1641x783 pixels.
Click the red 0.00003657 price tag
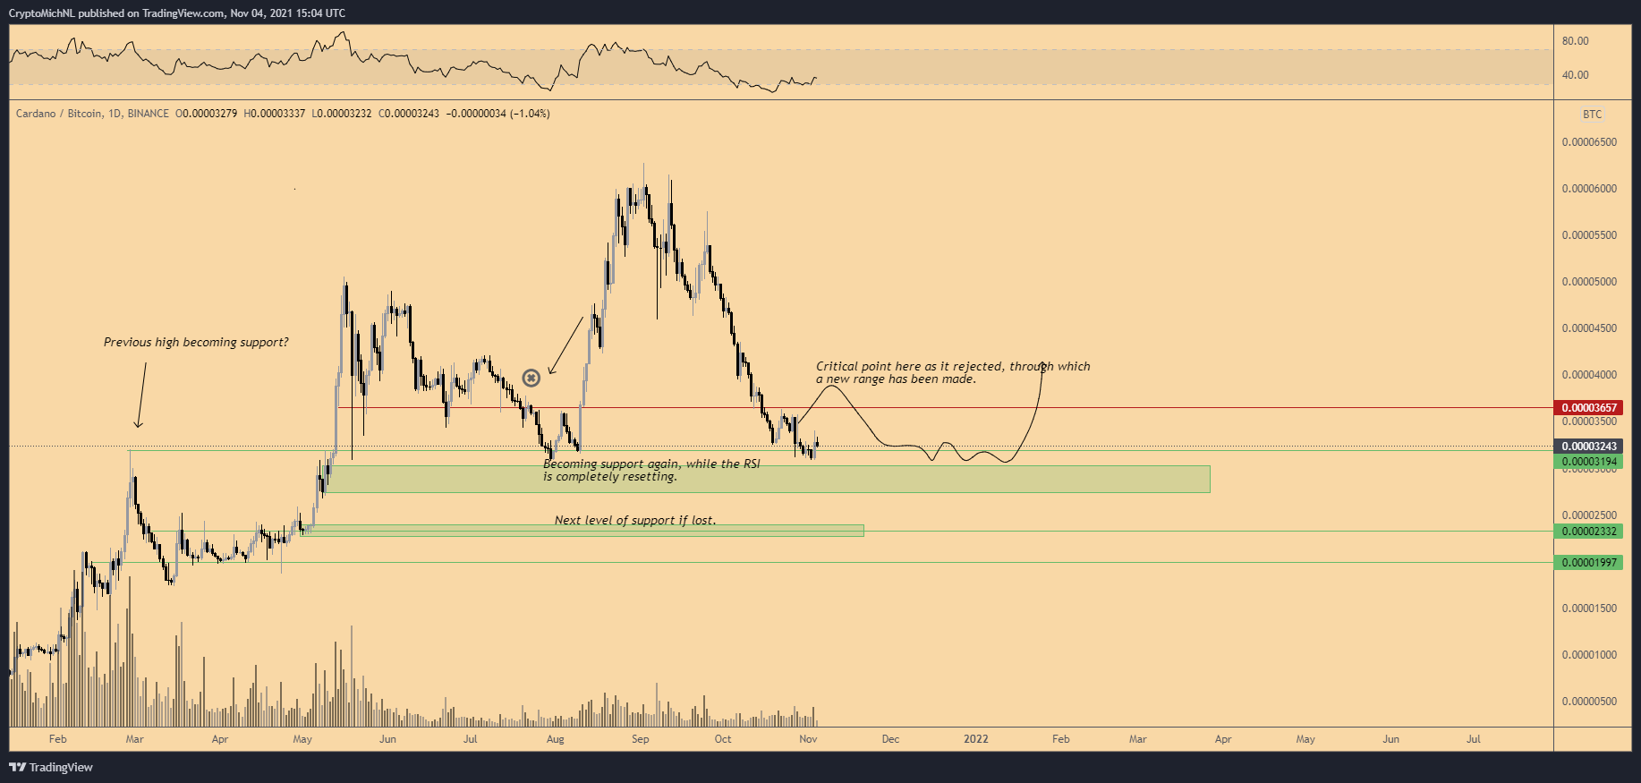pos(1589,407)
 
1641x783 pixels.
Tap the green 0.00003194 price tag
pos(1589,462)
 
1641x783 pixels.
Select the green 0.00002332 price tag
pos(1589,532)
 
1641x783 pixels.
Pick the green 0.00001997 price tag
pos(1589,563)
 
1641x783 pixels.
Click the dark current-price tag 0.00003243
pos(1589,447)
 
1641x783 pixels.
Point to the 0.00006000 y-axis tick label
pos(1589,189)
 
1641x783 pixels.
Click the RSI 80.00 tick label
pos(1575,41)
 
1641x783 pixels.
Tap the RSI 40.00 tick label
pos(1575,75)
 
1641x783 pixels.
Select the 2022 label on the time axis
pos(975,739)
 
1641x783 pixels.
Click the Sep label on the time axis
pos(640,739)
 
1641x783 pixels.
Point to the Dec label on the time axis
pos(890,739)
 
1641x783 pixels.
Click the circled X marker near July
pos(531,378)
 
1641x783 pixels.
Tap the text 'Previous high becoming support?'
pos(196,343)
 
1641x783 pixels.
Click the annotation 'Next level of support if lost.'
pos(635,521)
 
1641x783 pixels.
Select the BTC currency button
pos(1592,115)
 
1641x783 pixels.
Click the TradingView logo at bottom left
pos(51,767)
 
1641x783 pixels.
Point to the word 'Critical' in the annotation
pos(837,366)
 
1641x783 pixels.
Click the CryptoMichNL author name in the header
pos(41,13)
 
